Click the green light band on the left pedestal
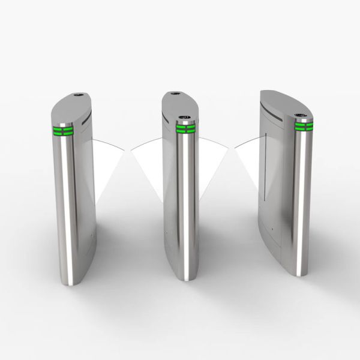click(x=64, y=131)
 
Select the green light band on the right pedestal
click(x=304, y=126)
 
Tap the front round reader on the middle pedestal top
click(x=185, y=116)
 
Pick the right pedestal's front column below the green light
click(x=304, y=198)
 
